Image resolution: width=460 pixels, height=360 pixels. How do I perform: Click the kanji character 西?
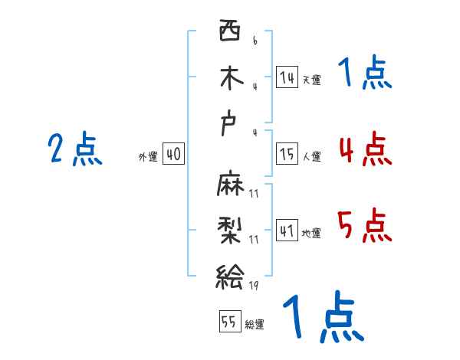click(x=229, y=33)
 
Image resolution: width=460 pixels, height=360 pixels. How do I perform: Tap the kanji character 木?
click(x=229, y=78)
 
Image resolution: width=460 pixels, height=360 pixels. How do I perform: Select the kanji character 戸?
click(x=229, y=125)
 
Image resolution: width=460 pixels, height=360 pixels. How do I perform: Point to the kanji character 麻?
click(x=229, y=185)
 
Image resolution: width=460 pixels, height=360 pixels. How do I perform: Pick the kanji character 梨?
click(x=229, y=229)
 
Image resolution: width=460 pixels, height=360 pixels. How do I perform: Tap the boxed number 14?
click(x=287, y=77)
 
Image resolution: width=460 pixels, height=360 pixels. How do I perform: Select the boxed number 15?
click(x=287, y=154)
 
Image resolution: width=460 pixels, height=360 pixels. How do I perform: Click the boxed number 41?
click(x=287, y=231)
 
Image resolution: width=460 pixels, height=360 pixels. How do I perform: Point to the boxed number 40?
click(x=173, y=154)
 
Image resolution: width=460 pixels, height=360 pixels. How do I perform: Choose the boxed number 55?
click(x=229, y=322)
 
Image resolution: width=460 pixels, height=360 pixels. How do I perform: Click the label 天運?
click(x=311, y=80)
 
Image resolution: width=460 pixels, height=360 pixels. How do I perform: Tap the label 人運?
click(x=311, y=156)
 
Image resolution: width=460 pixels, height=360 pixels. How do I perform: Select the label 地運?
click(x=311, y=233)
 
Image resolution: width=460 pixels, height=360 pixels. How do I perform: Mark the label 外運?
click(x=148, y=156)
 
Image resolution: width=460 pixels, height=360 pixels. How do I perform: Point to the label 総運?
click(x=255, y=324)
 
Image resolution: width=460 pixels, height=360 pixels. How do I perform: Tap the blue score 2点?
click(x=75, y=149)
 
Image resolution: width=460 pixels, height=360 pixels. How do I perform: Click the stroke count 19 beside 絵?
click(x=254, y=286)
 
